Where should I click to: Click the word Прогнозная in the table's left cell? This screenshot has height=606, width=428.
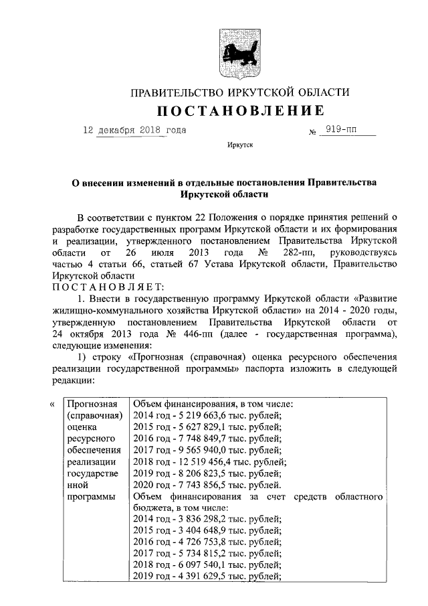tap(92, 404)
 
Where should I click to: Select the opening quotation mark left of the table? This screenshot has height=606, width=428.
tap(53, 404)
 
